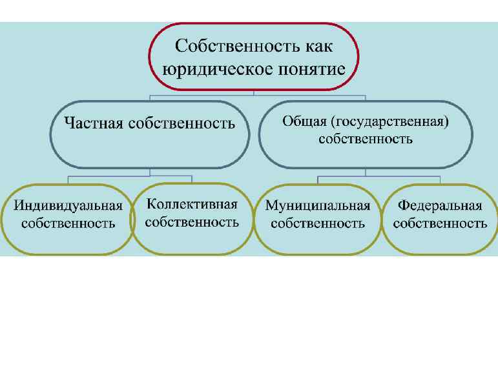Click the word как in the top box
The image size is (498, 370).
pyautogui.click(x=320, y=46)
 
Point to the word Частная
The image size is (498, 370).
pyautogui.click(x=92, y=123)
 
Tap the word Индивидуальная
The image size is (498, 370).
pyautogui.click(x=68, y=207)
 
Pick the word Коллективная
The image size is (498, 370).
pyautogui.click(x=192, y=205)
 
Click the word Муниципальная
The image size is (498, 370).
pyautogui.click(x=318, y=206)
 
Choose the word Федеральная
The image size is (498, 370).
pyautogui.click(x=440, y=206)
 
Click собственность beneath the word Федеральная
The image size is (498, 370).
pyautogui.click(x=440, y=224)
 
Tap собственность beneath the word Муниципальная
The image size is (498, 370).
pyautogui.click(x=318, y=224)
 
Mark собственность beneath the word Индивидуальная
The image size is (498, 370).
pyautogui.click(x=68, y=224)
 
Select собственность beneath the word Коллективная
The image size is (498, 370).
pyautogui.click(x=192, y=222)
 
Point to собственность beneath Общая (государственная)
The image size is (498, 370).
pyautogui.click(x=366, y=139)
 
